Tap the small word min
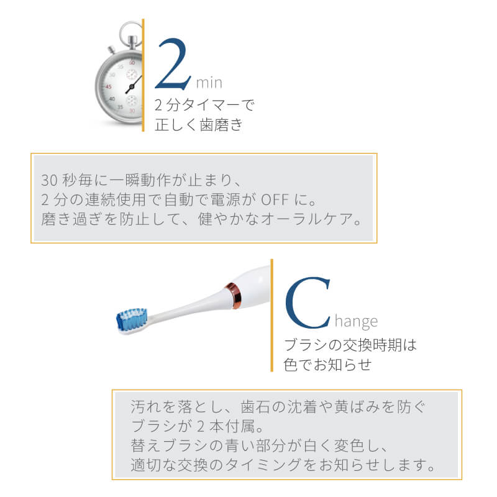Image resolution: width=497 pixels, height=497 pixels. click(209, 83)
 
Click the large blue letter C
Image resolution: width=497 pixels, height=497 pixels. click(308, 303)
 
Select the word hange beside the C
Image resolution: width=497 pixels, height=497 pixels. click(356, 321)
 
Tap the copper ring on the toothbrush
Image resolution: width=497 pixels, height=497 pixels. click(234, 296)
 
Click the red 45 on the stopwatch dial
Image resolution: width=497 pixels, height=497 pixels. click(108, 86)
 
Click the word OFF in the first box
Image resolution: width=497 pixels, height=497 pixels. click(275, 200)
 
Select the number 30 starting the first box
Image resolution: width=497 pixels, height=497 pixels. click(49, 180)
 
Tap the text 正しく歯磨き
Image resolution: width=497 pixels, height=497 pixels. click(199, 125)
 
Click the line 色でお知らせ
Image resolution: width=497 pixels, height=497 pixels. click(327, 365)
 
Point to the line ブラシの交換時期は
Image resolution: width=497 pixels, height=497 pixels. click(350, 345)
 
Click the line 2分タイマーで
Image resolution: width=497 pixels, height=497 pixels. click(204, 105)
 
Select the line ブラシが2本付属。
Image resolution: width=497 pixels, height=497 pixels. click(197, 426)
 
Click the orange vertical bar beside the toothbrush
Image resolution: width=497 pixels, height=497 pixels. click(271, 315)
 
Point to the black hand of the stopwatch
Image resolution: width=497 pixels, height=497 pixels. click(134, 84)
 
